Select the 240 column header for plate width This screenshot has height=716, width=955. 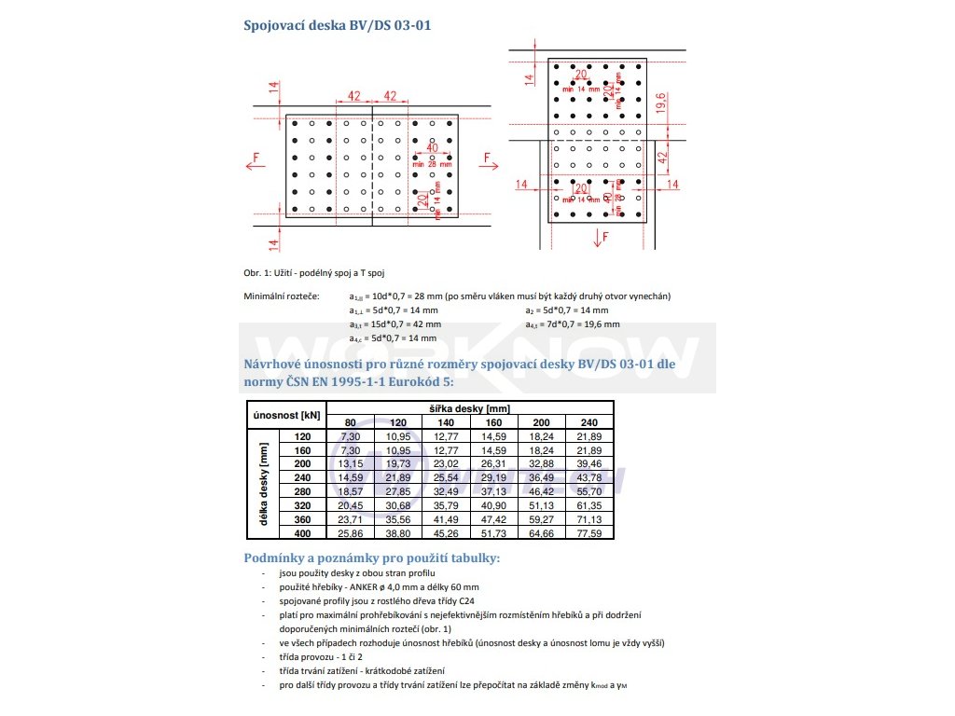click(588, 422)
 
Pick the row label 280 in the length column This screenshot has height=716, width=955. click(301, 490)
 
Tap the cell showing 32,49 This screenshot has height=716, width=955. click(446, 490)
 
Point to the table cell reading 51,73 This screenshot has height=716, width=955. click(493, 532)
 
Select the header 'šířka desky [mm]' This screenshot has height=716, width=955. click(470, 408)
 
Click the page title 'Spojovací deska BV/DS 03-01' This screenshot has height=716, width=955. click(338, 25)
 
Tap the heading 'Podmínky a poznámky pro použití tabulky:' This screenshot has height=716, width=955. click(371, 558)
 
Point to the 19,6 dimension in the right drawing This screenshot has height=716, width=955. click(660, 102)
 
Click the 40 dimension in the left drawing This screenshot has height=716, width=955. click(432, 147)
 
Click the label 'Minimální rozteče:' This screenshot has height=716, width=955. click(281, 296)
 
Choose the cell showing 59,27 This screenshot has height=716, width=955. click(542, 518)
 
